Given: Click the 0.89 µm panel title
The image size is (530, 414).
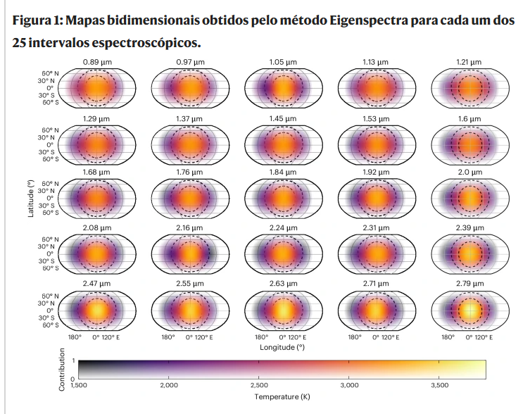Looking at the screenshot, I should (x=97, y=62).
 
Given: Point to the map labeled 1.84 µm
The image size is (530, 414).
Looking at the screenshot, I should (x=282, y=198).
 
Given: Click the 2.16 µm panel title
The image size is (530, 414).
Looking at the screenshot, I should (x=190, y=227).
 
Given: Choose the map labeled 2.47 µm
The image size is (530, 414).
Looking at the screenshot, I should (x=97, y=308).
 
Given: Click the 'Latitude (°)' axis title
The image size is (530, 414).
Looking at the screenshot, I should (x=31, y=198).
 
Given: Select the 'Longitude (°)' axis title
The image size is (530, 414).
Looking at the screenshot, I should (x=282, y=347).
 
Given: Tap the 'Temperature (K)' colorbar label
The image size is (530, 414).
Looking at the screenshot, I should (x=282, y=396).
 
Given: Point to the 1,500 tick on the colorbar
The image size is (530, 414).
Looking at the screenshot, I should (x=79, y=385).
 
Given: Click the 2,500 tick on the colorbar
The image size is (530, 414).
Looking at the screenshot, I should (x=259, y=385).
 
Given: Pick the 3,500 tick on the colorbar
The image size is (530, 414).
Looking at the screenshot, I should (x=439, y=385).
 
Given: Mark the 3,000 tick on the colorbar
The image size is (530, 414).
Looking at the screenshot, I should (x=349, y=385).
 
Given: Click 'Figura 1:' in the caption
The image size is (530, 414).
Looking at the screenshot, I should (x=37, y=20).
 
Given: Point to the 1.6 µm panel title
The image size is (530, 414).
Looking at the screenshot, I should (x=468, y=118).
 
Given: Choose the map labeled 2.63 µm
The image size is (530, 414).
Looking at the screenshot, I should (x=282, y=308).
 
